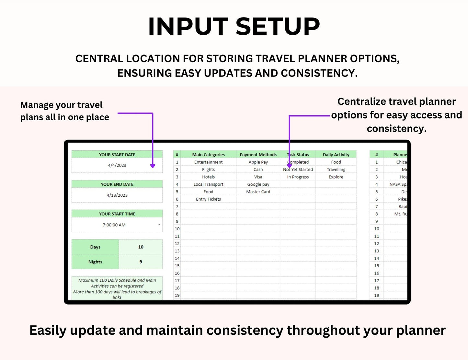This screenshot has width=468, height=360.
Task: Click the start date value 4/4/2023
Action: coord(117,165)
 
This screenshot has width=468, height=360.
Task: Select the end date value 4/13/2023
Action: coord(117,195)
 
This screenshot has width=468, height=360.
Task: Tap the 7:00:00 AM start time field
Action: coord(114,225)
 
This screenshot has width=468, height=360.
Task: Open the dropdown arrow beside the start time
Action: coord(159,225)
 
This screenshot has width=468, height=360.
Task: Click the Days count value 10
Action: coord(141,247)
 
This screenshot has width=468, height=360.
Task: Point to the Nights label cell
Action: coord(95,262)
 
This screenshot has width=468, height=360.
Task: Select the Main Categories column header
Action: coord(208,155)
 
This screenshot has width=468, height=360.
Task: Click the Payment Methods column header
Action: coord(258,155)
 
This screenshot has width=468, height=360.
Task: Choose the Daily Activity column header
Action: coord(336,155)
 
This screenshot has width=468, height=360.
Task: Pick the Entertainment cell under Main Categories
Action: coord(208,162)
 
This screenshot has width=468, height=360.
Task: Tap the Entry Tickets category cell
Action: coord(208,199)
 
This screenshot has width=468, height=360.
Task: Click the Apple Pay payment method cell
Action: coord(258,162)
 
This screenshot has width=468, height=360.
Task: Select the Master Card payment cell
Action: coord(258,192)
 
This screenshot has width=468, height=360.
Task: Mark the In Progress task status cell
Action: coord(298,177)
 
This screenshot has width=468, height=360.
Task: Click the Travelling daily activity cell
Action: coord(336,169)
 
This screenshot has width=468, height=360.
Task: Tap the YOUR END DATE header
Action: coord(117,184)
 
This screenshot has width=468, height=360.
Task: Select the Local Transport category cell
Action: coord(208,184)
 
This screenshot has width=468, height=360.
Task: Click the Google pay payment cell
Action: coord(258,184)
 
